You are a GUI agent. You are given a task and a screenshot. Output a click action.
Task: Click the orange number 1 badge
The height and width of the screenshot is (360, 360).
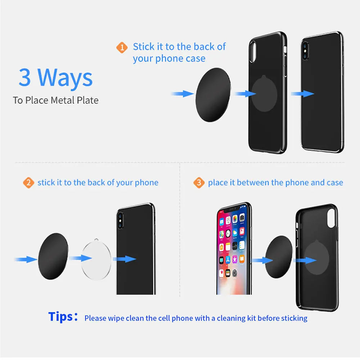[122, 48]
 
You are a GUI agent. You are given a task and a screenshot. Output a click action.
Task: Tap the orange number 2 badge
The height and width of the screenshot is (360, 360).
[28, 183]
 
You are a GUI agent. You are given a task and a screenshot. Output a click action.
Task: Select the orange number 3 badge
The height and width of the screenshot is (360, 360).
[199, 183]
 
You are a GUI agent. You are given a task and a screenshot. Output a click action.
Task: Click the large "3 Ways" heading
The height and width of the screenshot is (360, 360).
[56, 78]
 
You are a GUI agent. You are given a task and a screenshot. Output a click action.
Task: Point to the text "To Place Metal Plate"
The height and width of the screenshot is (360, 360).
[55, 100]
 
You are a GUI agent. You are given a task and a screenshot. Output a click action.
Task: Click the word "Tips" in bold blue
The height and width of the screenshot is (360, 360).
[61, 317]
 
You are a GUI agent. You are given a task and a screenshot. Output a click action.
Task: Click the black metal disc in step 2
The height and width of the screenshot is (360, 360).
[53, 255]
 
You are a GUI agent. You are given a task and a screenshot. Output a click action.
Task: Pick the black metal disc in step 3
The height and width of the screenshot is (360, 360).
[279, 256]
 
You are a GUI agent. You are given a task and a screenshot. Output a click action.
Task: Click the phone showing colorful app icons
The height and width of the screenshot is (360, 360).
[234, 248]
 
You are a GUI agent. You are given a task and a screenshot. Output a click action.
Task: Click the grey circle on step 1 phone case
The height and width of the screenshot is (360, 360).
[264, 94]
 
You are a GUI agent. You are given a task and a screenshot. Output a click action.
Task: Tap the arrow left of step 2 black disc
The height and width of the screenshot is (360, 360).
[26, 259]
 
